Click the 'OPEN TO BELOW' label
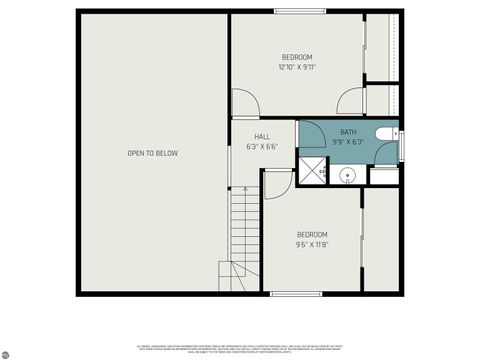coord(152,153)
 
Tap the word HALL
coord(262,137)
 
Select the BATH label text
coord(347,132)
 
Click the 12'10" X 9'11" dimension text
coord(297,68)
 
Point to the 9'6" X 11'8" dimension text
coord(312,244)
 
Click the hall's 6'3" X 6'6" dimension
coord(262,147)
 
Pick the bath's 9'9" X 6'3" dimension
coord(347,142)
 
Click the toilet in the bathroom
coord(386,134)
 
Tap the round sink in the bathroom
coord(347,175)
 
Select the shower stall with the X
coord(313,171)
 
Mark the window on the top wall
coord(300,11)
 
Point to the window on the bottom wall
coord(296,293)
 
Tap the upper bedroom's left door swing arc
coord(245,103)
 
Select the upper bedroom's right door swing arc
coord(350,103)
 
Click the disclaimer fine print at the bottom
coord(240,349)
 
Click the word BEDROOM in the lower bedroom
coord(312,234)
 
